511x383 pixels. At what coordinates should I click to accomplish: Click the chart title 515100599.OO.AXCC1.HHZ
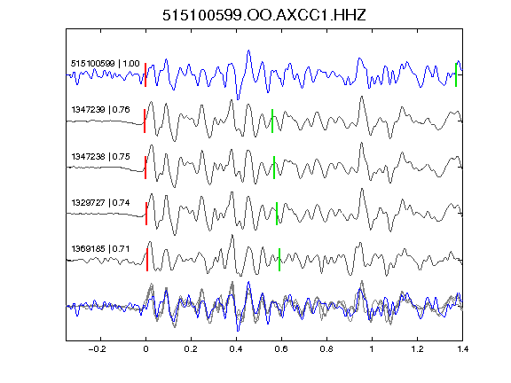point(264,15)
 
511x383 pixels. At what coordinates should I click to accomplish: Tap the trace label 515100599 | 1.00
point(106,63)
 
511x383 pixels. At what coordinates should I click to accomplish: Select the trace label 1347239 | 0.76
point(101,109)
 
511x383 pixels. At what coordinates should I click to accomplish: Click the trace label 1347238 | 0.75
point(101,157)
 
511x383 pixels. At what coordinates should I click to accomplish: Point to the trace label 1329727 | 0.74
point(101,203)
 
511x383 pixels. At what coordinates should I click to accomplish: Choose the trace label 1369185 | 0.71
point(101,249)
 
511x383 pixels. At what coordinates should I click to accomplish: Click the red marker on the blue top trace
point(145,74)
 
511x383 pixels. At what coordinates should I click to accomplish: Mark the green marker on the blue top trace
point(456,74)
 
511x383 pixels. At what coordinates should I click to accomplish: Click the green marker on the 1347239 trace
point(272,121)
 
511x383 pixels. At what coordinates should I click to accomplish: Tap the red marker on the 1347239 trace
point(145,121)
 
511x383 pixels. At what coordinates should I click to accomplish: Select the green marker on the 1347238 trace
point(274,168)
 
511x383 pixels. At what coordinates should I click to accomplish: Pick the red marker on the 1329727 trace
point(146,214)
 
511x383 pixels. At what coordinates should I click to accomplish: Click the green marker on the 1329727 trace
point(277,214)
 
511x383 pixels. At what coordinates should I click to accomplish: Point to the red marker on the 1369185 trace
point(147,260)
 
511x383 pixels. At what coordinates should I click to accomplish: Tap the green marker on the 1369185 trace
point(279,260)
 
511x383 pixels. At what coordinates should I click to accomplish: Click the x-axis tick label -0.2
point(98,349)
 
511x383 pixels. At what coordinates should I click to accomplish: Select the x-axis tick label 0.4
point(236,349)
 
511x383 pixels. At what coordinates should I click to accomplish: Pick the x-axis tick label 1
point(372,349)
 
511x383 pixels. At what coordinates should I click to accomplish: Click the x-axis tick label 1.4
point(462,349)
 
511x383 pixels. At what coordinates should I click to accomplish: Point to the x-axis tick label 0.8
point(326,349)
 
